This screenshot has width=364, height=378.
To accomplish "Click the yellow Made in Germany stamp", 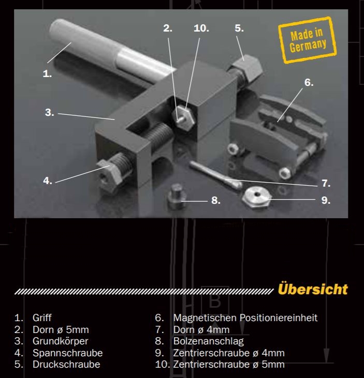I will click(x=308, y=40).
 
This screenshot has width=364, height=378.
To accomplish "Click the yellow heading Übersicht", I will click(x=312, y=289).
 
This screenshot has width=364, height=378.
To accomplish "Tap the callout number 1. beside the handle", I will click(x=47, y=73).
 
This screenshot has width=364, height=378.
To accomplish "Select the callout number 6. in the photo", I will click(x=309, y=82).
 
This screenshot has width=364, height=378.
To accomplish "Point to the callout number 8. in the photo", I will click(x=216, y=200).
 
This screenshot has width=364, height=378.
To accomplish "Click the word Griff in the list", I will click(x=42, y=318).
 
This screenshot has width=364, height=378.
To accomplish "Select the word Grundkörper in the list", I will click(x=60, y=341).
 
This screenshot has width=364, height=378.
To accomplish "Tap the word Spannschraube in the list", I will click(x=67, y=353).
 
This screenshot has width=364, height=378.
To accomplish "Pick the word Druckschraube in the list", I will click(x=66, y=364).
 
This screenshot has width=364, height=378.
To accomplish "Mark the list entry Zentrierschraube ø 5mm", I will click(x=229, y=364).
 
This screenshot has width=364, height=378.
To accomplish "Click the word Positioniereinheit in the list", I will click(x=280, y=318).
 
